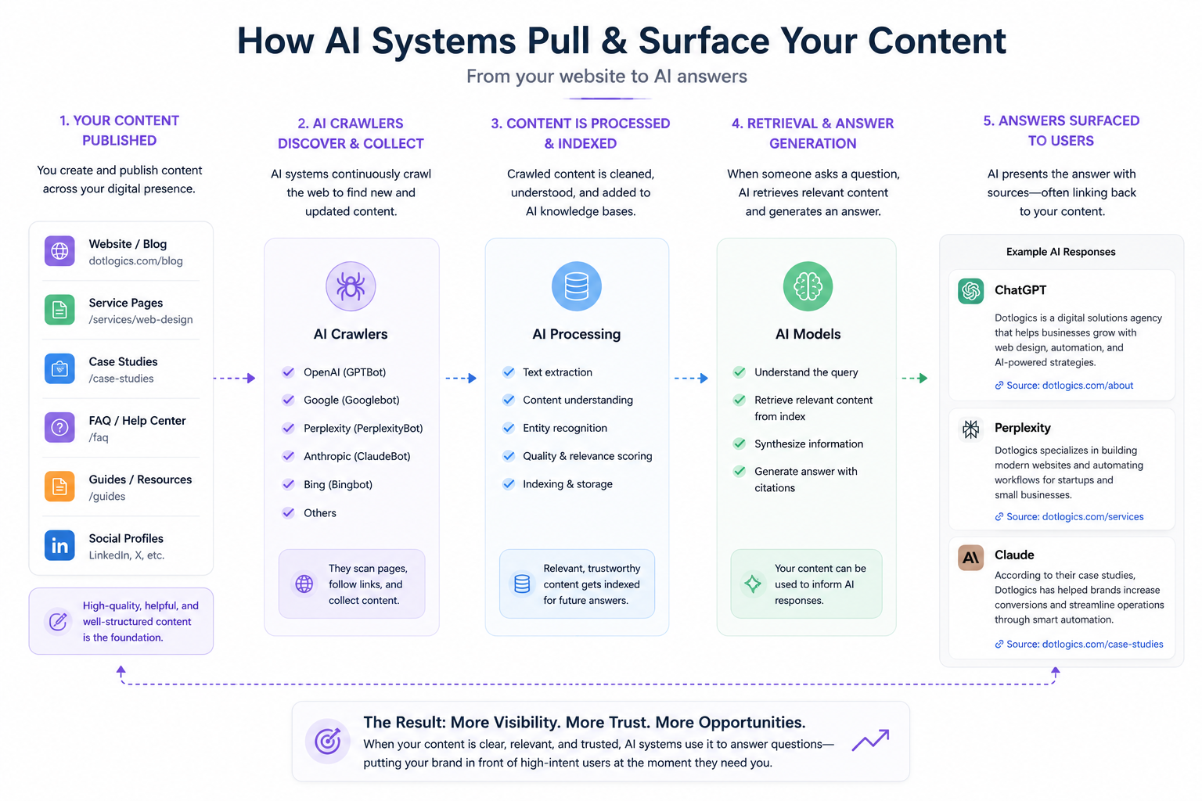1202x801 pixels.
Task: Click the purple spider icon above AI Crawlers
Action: [351, 286]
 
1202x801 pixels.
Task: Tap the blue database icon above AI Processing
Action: [576, 286]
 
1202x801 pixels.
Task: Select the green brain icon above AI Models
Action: [808, 286]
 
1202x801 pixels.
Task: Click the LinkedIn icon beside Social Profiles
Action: [59, 545]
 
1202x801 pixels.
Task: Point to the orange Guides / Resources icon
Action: [59, 486]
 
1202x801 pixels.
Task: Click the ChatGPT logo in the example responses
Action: [970, 291]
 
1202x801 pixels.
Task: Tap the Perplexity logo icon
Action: [970, 429]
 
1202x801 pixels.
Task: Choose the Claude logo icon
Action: [970, 558]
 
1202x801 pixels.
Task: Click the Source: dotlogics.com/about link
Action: [1064, 385]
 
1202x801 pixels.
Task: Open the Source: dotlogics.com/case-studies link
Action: [1079, 644]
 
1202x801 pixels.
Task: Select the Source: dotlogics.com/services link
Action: [1069, 516]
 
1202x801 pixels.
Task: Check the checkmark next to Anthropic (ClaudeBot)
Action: [288, 456]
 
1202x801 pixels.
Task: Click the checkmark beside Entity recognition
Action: [508, 428]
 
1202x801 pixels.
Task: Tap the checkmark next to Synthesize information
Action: [740, 444]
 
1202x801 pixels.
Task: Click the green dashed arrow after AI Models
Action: [915, 379]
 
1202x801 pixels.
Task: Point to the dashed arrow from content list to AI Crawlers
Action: [235, 379]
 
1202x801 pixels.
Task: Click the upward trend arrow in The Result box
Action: [870, 740]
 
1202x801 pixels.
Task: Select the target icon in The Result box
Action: [328, 741]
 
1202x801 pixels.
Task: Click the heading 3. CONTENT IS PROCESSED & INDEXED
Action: [581, 133]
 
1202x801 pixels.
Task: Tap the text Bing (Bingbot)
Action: [338, 484]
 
